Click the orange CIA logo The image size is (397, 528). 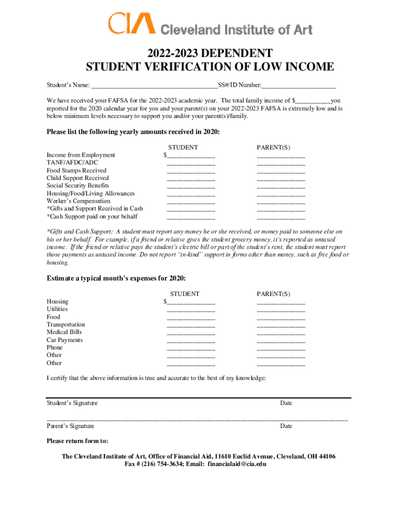click(131, 24)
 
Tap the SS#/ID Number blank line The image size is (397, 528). click(299, 86)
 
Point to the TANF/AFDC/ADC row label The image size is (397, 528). click(72, 162)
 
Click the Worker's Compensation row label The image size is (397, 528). click(78, 201)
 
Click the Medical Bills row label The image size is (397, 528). click(64, 332)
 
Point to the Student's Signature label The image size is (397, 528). click(72, 403)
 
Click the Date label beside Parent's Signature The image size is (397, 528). click(286, 426)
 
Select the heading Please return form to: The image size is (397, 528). click(77, 441)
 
